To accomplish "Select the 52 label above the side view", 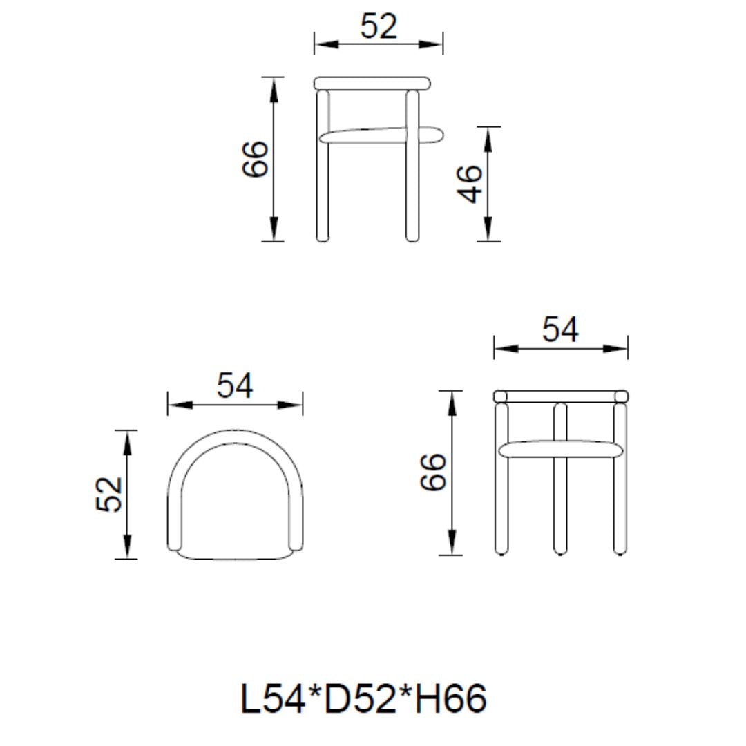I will coord(379,26).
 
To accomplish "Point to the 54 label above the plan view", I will coord(235,385).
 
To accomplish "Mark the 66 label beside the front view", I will coord(434,472).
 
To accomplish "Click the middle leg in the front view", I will coord(560,504).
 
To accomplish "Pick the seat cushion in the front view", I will coord(560,450).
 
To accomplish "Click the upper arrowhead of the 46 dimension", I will coord(488,138).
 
